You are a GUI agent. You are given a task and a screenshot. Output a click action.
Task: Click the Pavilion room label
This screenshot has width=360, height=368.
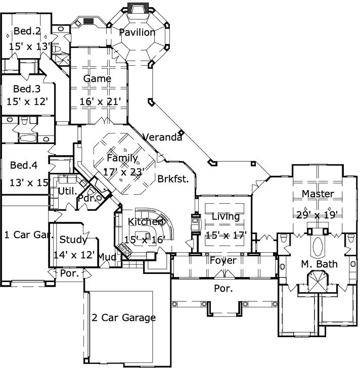[137, 33]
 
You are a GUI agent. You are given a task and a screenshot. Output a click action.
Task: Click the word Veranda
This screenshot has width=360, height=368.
[162, 137]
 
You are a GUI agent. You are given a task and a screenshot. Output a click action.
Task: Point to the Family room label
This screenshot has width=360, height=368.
[122, 159]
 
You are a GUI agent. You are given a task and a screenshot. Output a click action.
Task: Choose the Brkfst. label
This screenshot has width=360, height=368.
[173, 178]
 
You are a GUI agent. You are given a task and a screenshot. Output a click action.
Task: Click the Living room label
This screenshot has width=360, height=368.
[226, 217]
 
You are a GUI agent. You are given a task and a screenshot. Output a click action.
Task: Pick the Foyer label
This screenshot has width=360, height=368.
[223, 261]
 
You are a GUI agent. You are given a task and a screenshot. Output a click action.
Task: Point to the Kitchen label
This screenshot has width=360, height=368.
[146, 222]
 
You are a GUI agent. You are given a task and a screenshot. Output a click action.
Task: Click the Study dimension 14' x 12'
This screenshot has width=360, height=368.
[74, 255]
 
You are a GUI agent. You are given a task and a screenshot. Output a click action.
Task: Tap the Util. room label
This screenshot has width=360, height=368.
[67, 192]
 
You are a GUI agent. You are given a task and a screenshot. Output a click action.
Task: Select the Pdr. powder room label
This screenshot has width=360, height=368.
[85, 198]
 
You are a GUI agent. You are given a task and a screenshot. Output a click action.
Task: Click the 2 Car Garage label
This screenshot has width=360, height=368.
[123, 318]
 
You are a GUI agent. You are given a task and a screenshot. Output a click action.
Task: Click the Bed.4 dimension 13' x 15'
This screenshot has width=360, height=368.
[28, 182]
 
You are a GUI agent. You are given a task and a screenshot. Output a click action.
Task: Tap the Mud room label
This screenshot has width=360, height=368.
[107, 257]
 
